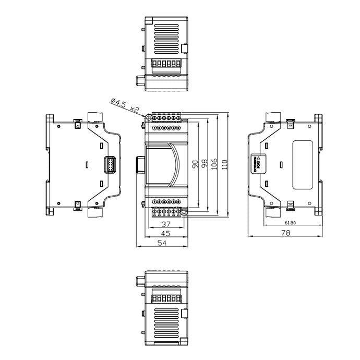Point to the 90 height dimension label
(x=195, y=164)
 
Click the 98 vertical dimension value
(x=205, y=164)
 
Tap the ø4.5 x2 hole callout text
(x=125, y=104)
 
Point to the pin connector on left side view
(x=110, y=164)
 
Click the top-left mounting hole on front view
(x=148, y=118)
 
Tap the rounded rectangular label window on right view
(x=303, y=164)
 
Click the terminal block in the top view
(x=165, y=64)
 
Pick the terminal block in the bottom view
(x=165, y=298)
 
